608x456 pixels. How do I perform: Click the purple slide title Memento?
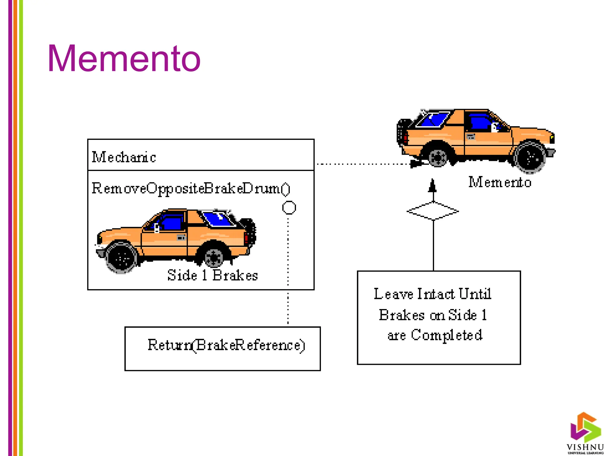pos(124,58)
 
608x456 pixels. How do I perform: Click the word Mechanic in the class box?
pos(124,157)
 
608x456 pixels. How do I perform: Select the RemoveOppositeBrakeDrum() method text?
pos(191,189)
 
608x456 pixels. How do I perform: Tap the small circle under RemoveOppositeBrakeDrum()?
pos(289,208)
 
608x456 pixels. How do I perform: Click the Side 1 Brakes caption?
pos(213,275)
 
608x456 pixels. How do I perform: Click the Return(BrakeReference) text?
pos(226,345)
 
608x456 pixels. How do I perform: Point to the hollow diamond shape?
pos(433,211)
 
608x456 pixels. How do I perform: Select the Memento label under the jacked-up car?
pos(500,182)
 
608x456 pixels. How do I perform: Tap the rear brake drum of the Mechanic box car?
pos(214,257)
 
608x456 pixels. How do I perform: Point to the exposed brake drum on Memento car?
pos(438,158)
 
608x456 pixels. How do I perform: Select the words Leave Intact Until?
pos(432,294)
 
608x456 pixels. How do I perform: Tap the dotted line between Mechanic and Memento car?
pos(362,164)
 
